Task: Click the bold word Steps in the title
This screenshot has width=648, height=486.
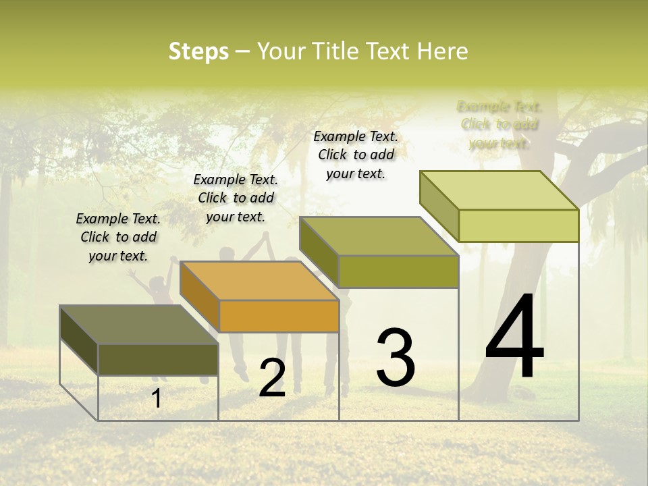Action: pos(198,51)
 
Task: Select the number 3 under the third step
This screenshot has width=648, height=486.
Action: pos(396,358)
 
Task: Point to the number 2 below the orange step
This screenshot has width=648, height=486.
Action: pos(272,378)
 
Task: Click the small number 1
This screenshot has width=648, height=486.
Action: pos(157,398)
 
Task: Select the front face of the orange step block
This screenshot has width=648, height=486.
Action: pos(279,316)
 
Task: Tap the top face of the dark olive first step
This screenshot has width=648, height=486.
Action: pos(139,325)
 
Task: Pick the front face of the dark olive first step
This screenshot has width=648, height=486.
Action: pos(158,359)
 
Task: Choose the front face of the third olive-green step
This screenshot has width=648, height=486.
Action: pos(398,271)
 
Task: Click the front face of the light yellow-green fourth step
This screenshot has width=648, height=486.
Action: pos(518,225)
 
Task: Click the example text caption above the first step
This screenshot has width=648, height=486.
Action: pos(118,238)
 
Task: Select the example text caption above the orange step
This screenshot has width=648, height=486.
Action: pos(236,198)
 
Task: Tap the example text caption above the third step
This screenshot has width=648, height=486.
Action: pos(356,155)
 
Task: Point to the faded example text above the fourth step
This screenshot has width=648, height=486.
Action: pos(500,125)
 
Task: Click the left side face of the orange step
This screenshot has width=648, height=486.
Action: pos(200,296)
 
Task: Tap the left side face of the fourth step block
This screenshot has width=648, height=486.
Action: pos(439,206)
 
